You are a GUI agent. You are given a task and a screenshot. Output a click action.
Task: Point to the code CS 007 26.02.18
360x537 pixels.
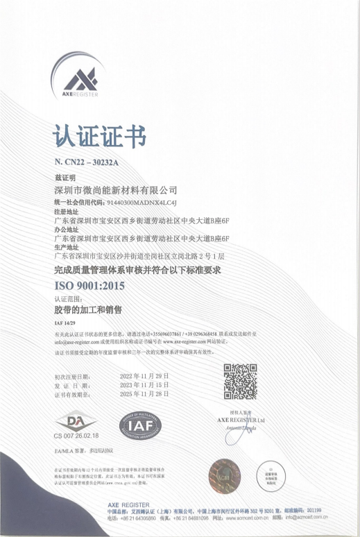[76, 435]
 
